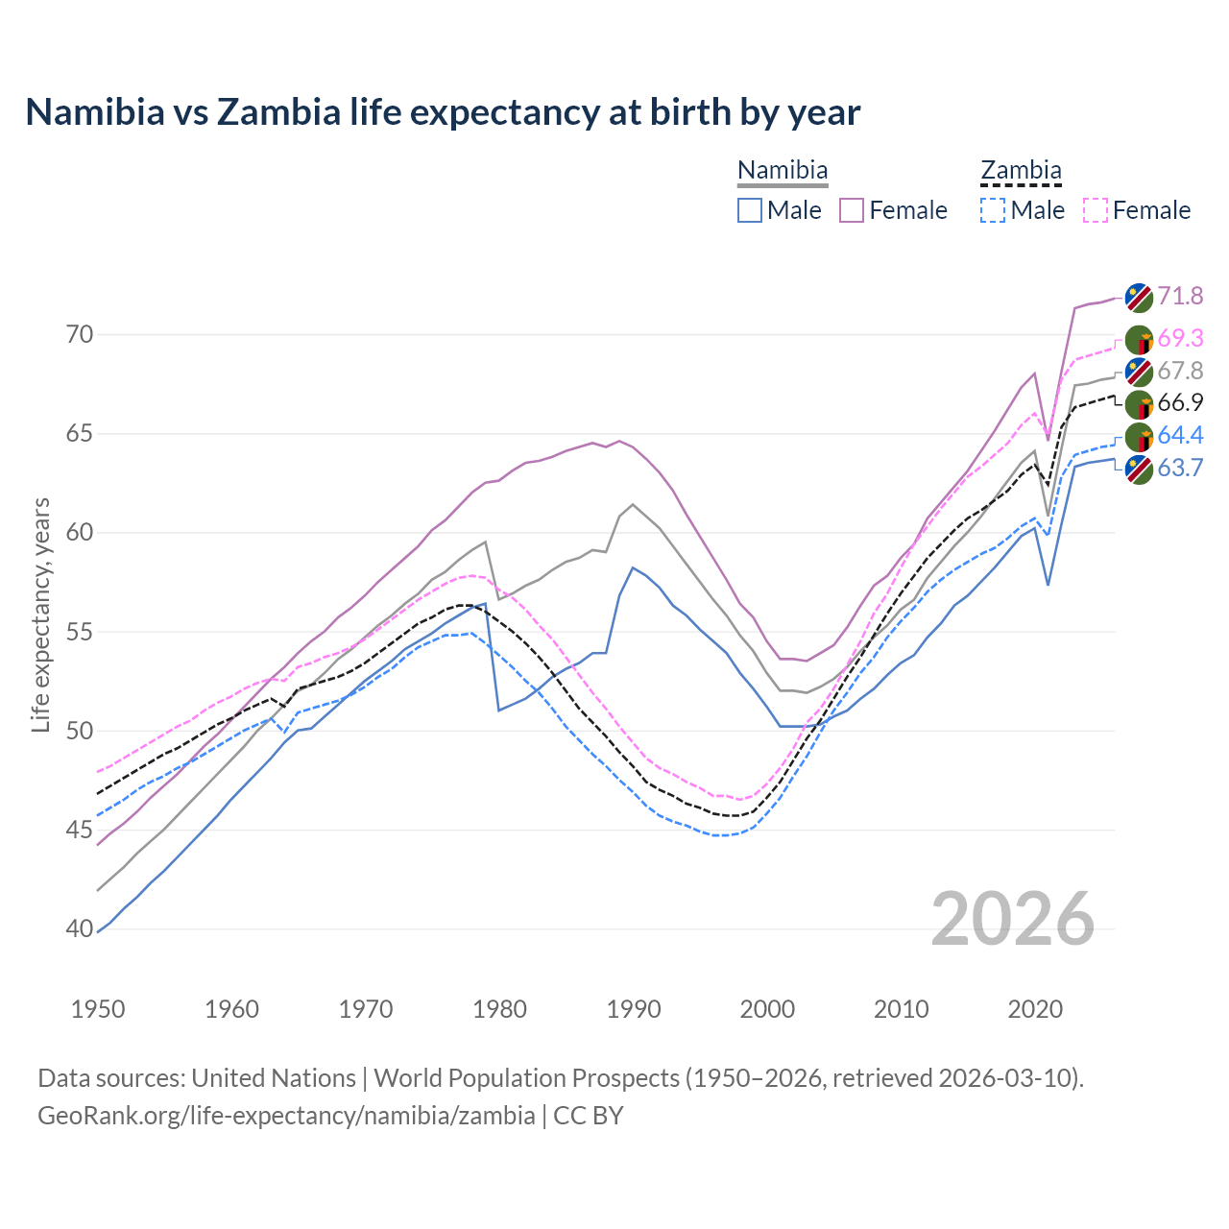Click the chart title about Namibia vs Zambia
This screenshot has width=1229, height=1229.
pyautogui.click(x=443, y=112)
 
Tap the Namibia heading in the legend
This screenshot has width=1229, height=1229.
pyautogui.click(x=783, y=171)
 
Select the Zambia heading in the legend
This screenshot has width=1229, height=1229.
pyautogui.click(x=1021, y=171)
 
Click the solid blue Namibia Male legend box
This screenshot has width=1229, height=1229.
pyautogui.click(x=750, y=210)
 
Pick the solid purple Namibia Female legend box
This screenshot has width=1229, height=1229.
pyautogui.click(x=852, y=210)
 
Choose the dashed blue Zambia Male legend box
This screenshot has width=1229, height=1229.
pyautogui.click(x=993, y=210)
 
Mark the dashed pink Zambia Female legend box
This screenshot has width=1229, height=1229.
pyautogui.click(x=1096, y=210)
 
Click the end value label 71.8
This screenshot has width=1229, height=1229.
pyautogui.click(x=1180, y=296)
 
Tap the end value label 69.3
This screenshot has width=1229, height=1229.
pyautogui.click(x=1180, y=338)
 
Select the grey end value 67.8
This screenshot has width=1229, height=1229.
pyautogui.click(x=1180, y=371)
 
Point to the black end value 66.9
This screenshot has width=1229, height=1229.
pyautogui.click(x=1180, y=403)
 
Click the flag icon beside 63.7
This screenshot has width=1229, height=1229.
pyautogui.click(x=1139, y=470)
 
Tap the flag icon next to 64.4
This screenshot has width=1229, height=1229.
pyautogui.click(x=1139, y=437)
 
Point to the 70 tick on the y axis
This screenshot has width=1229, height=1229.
pyautogui.click(x=81, y=335)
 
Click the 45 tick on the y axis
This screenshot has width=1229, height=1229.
pyautogui.click(x=81, y=830)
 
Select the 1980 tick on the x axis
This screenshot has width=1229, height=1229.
pyautogui.click(x=500, y=1009)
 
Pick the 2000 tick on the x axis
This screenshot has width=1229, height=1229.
pyautogui.click(x=768, y=1009)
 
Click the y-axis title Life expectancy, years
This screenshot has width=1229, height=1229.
pyautogui.click(x=41, y=614)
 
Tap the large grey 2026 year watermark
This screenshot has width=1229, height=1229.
pyautogui.click(x=1013, y=919)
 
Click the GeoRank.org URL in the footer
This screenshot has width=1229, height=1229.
pyautogui.click(x=286, y=1116)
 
